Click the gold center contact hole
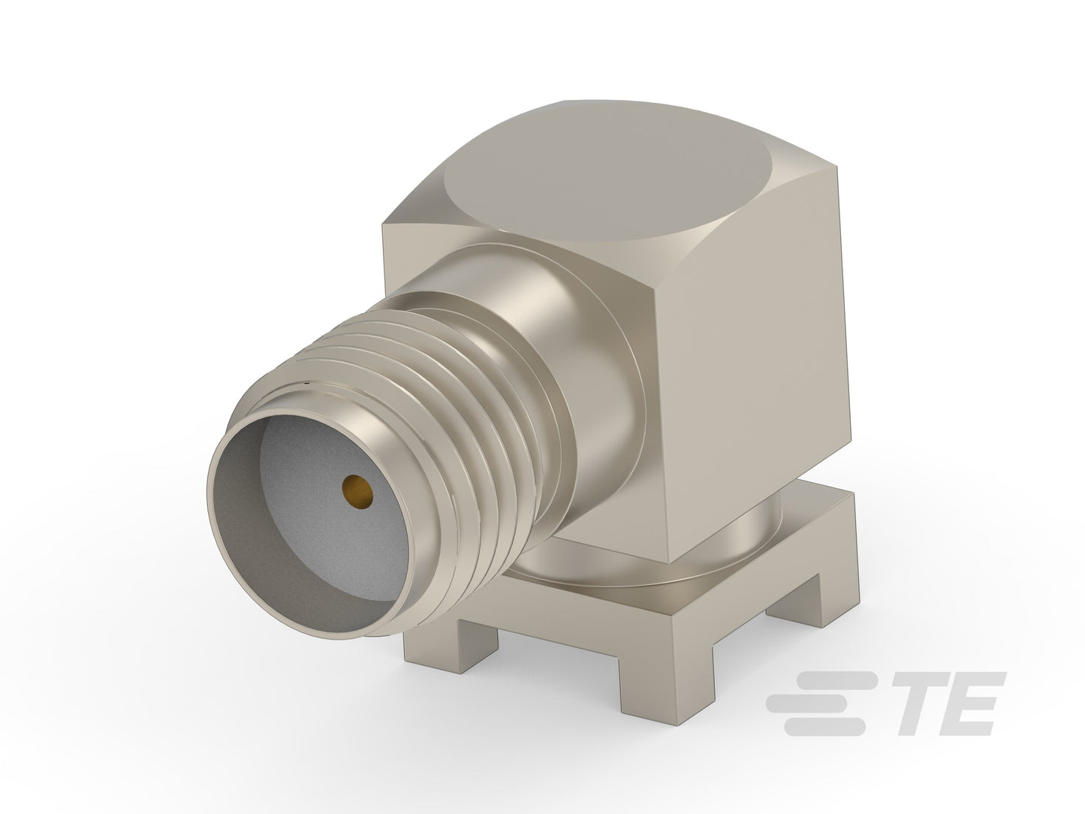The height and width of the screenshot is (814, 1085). point(357,491)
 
